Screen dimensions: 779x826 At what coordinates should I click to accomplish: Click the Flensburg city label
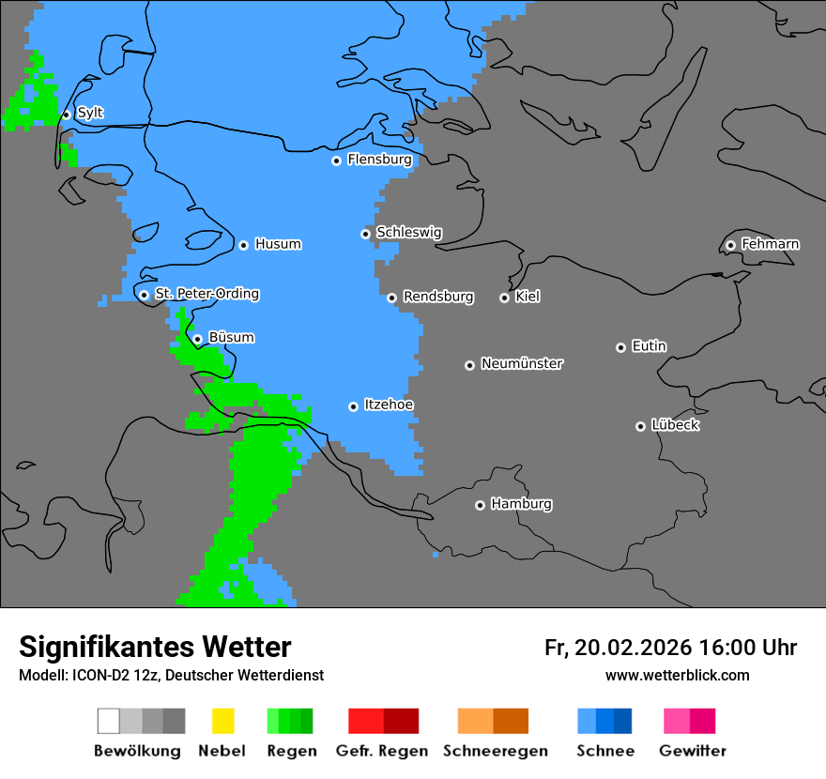[379, 160]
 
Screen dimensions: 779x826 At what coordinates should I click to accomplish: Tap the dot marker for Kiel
[504, 298]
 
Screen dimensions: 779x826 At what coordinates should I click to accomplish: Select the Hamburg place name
[521, 504]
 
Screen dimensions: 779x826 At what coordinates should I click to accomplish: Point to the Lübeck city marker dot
[640, 426]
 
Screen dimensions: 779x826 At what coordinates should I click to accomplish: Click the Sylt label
[90, 113]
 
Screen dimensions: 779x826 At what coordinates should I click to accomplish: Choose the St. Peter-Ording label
[206, 294]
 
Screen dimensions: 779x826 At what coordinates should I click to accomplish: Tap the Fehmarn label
[770, 244]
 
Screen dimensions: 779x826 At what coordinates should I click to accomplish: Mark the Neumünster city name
[522, 363]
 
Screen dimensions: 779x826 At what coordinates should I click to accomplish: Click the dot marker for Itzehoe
[353, 406]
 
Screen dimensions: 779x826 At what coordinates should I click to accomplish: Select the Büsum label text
[231, 337]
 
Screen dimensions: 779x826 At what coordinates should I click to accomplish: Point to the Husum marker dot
[243, 245]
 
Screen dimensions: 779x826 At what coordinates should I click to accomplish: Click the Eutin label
[649, 346]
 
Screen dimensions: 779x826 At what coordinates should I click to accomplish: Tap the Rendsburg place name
[438, 297]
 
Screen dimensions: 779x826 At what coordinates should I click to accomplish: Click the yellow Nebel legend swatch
[222, 721]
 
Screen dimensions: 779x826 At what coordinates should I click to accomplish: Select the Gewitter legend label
[693, 751]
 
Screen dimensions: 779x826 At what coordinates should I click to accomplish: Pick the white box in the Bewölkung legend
[109, 721]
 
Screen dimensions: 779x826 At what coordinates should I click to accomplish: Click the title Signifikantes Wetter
[155, 647]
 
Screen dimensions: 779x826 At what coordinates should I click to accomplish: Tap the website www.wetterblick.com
[677, 675]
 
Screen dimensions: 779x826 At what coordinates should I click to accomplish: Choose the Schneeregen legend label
[496, 751]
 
